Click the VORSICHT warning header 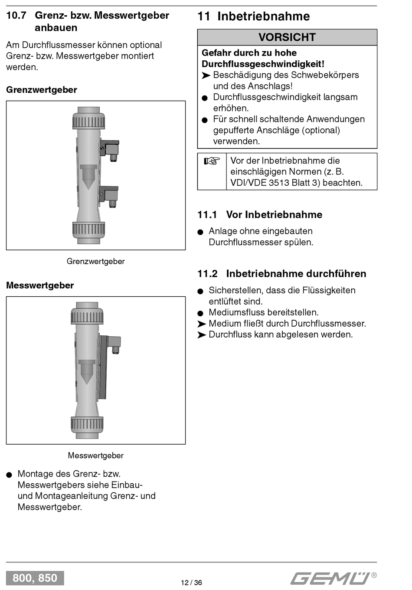pos(287,37)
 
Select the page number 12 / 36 pos(191,583)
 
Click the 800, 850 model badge pos(35,578)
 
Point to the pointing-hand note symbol pos(212,161)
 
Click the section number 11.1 pos(207,215)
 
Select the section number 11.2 pos(207,274)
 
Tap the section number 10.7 pos(16,16)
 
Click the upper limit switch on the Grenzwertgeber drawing pos(110,148)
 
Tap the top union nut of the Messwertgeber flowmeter pos(87,317)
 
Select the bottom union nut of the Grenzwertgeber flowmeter pos(88,229)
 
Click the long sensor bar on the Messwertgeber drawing pos(103,368)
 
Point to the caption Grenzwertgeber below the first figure pos(95,262)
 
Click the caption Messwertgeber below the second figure pos(95,456)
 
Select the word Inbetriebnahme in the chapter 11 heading pos(263,16)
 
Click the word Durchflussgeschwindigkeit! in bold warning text pos(263,64)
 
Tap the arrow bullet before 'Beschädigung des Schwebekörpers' pos(206,75)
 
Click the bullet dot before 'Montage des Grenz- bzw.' pos(9,475)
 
